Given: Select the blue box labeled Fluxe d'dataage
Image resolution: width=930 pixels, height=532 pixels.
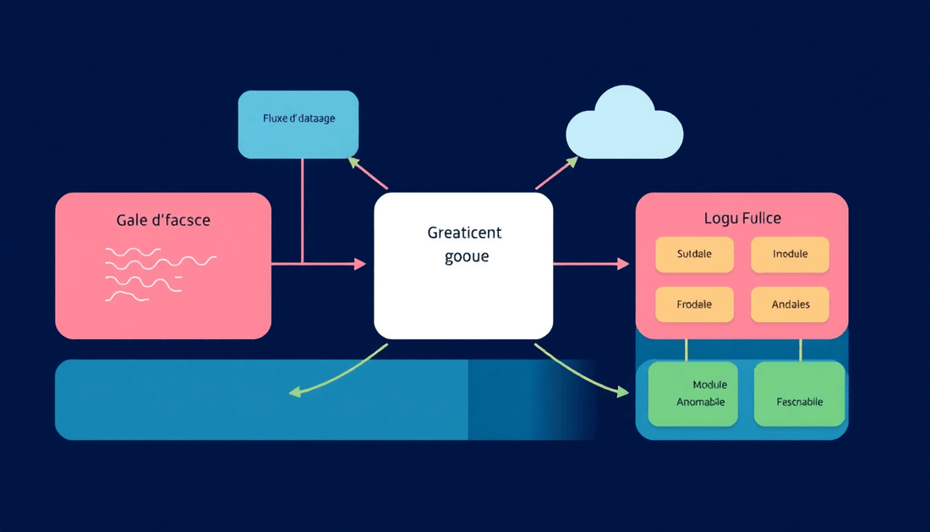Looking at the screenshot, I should [x=298, y=124].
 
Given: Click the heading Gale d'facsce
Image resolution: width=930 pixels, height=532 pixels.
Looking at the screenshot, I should [x=163, y=221].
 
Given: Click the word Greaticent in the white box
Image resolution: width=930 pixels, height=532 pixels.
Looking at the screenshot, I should [x=464, y=233].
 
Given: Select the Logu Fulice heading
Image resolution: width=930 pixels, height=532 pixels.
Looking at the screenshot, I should [x=741, y=218].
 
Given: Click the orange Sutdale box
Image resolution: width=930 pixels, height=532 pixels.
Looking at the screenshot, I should [x=695, y=254].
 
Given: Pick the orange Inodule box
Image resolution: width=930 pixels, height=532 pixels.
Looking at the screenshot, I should [x=790, y=254].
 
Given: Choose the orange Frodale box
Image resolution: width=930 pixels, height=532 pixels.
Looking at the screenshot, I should [x=695, y=304].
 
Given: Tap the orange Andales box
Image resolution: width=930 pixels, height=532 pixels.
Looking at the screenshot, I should [x=790, y=304].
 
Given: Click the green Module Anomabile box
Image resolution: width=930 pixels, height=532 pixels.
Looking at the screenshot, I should [x=693, y=393].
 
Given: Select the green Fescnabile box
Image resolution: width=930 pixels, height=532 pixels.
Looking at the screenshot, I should [x=799, y=394].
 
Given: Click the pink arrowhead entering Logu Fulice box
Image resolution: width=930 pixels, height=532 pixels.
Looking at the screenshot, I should [x=624, y=265].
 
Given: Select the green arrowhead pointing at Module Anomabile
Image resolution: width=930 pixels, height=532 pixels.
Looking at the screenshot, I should [x=624, y=392].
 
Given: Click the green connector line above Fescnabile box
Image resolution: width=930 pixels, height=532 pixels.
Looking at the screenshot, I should [x=800, y=350].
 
